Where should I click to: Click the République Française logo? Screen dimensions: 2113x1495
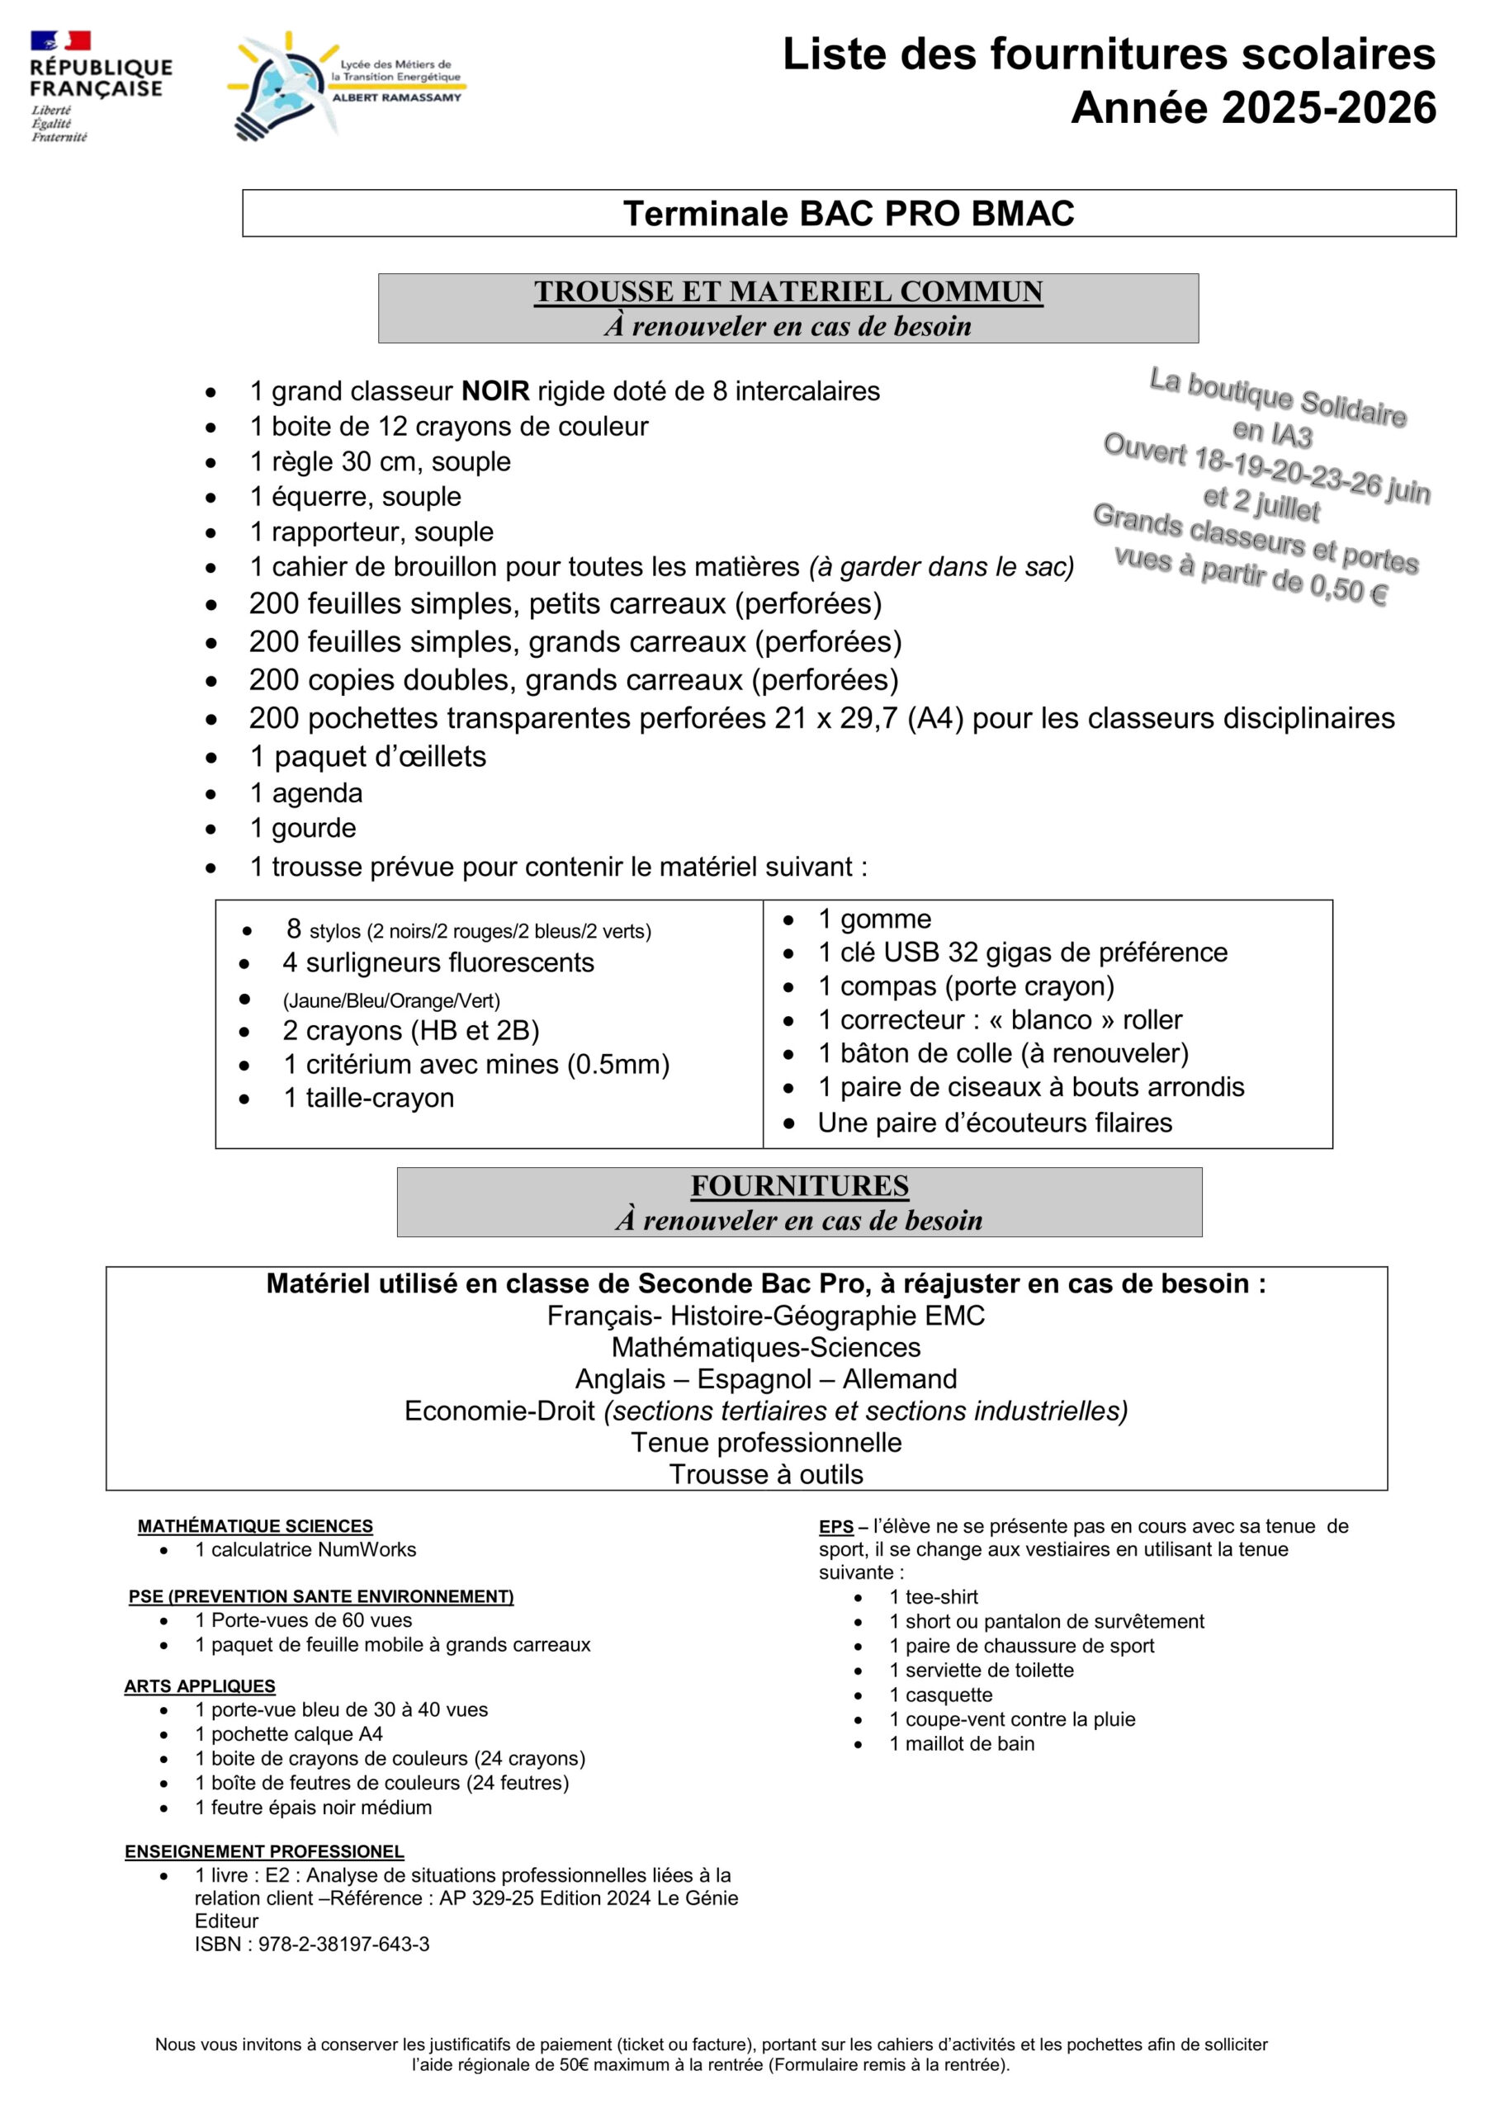(x=99, y=86)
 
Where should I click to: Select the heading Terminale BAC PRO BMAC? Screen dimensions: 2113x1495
(x=848, y=214)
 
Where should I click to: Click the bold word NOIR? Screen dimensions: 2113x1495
(x=495, y=391)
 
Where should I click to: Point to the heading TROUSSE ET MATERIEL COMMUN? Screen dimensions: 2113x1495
(x=788, y=291)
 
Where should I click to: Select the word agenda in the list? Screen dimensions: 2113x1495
(x=317, y=792)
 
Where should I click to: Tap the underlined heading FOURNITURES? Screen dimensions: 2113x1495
(x=799, y=1185)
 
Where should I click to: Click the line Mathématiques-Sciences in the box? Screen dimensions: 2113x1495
(x=766, y=1347)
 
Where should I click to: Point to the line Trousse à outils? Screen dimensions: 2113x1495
(x=766, y=1474)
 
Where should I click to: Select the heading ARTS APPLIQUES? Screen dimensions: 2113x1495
(x=200, y=1686)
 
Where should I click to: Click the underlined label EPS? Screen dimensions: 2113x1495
(x=836, y=1527)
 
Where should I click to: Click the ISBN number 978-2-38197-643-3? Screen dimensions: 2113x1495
(x=343, y=1945)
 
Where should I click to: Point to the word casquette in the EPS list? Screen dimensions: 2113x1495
(x=949, y=1695)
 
